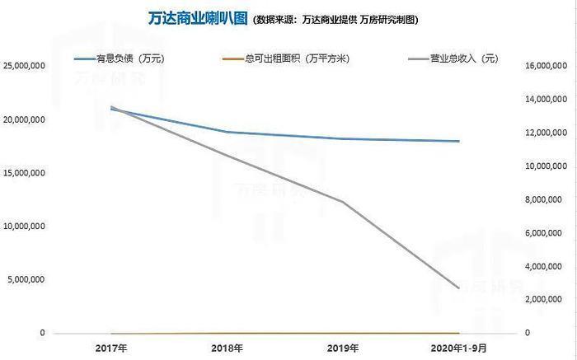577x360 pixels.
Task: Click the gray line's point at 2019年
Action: (x=341, y=201)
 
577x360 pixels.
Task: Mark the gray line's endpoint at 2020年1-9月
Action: (x=458, y=288)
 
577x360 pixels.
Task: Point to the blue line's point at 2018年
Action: (x=226, y=132)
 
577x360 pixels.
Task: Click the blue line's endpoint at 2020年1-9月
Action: (x=458, y=141)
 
